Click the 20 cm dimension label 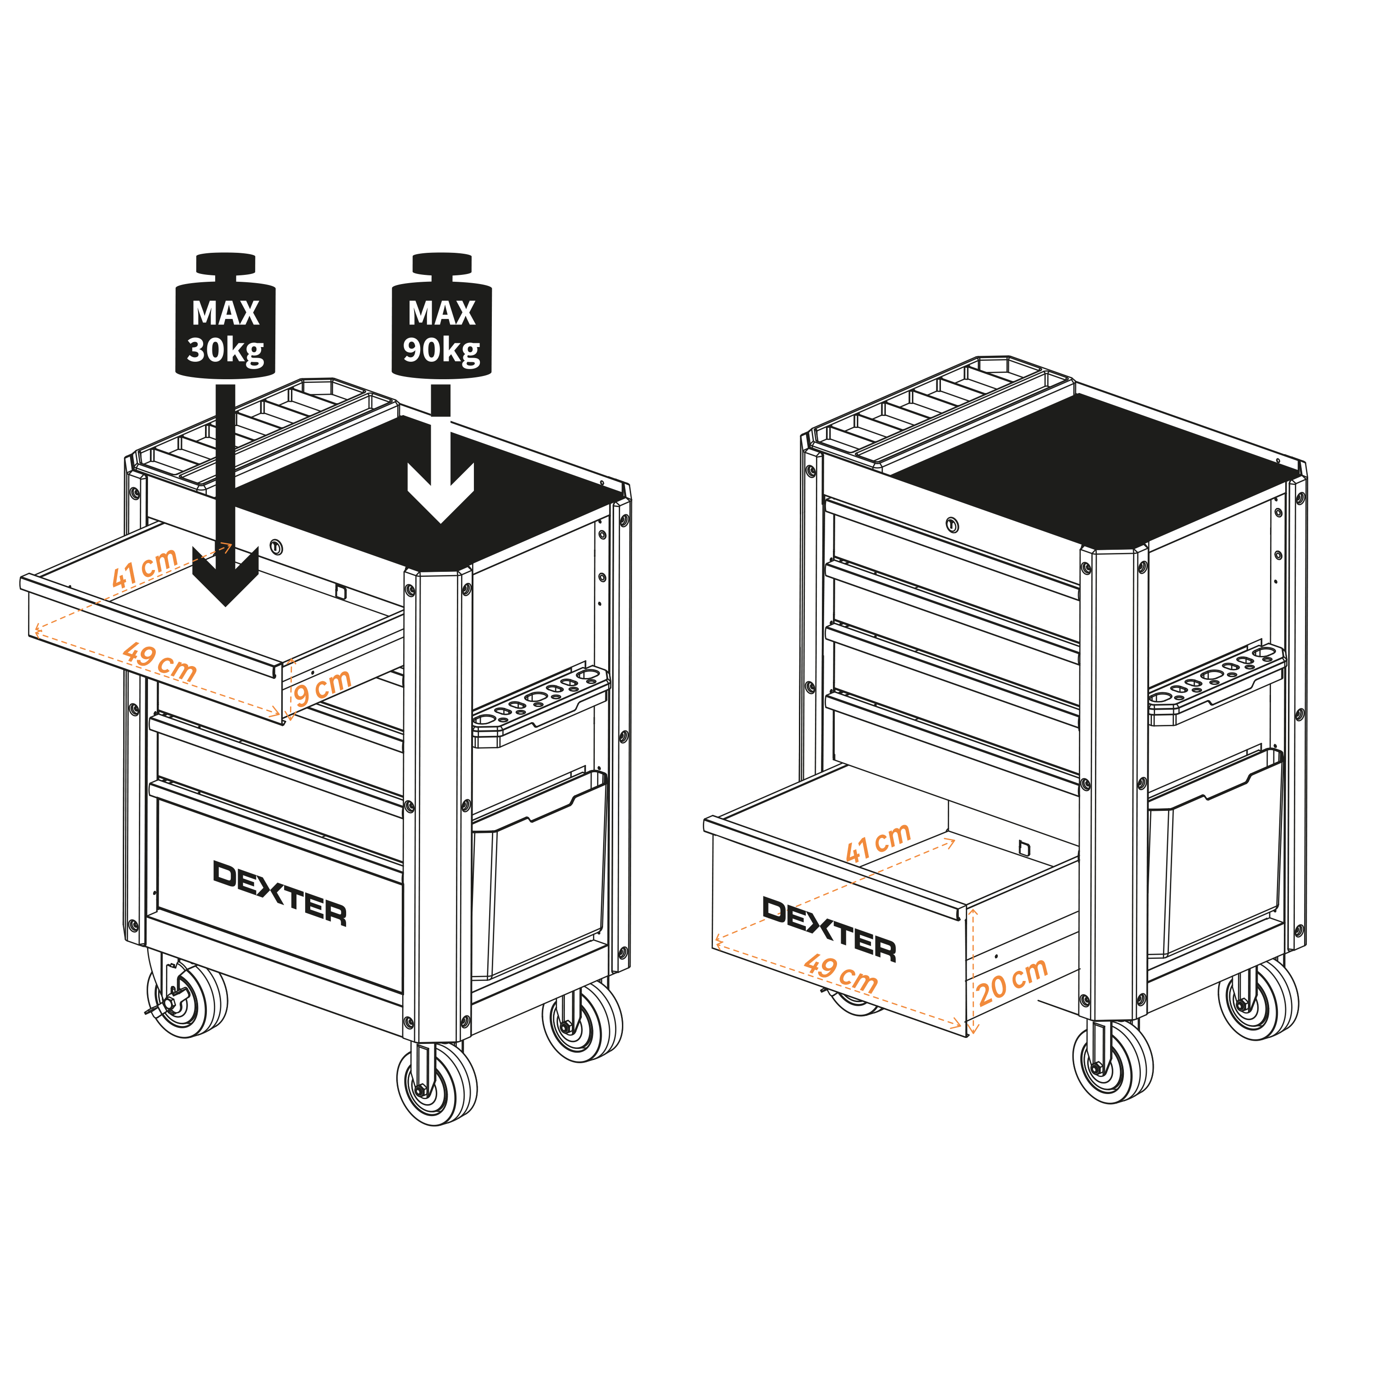1012,981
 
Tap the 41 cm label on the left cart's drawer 145,567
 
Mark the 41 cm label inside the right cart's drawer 878,842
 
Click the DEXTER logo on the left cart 280,893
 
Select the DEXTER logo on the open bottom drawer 829,929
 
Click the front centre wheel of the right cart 1113,1060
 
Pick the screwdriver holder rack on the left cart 540,707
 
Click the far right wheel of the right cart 1259,998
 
